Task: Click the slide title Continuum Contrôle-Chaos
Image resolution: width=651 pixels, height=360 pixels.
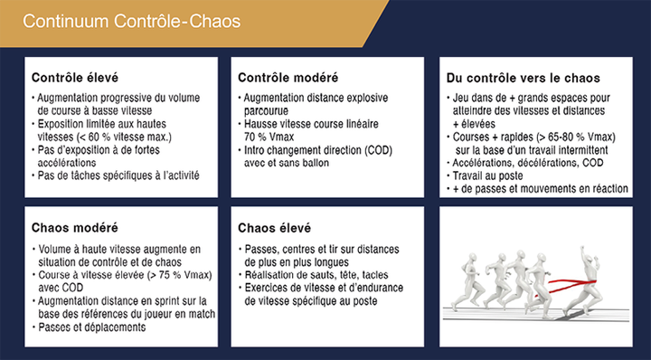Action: (132, 22)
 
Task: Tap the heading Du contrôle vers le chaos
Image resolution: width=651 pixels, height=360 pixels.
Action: (524, 78)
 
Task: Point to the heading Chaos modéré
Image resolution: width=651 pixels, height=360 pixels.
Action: (75, 228)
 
